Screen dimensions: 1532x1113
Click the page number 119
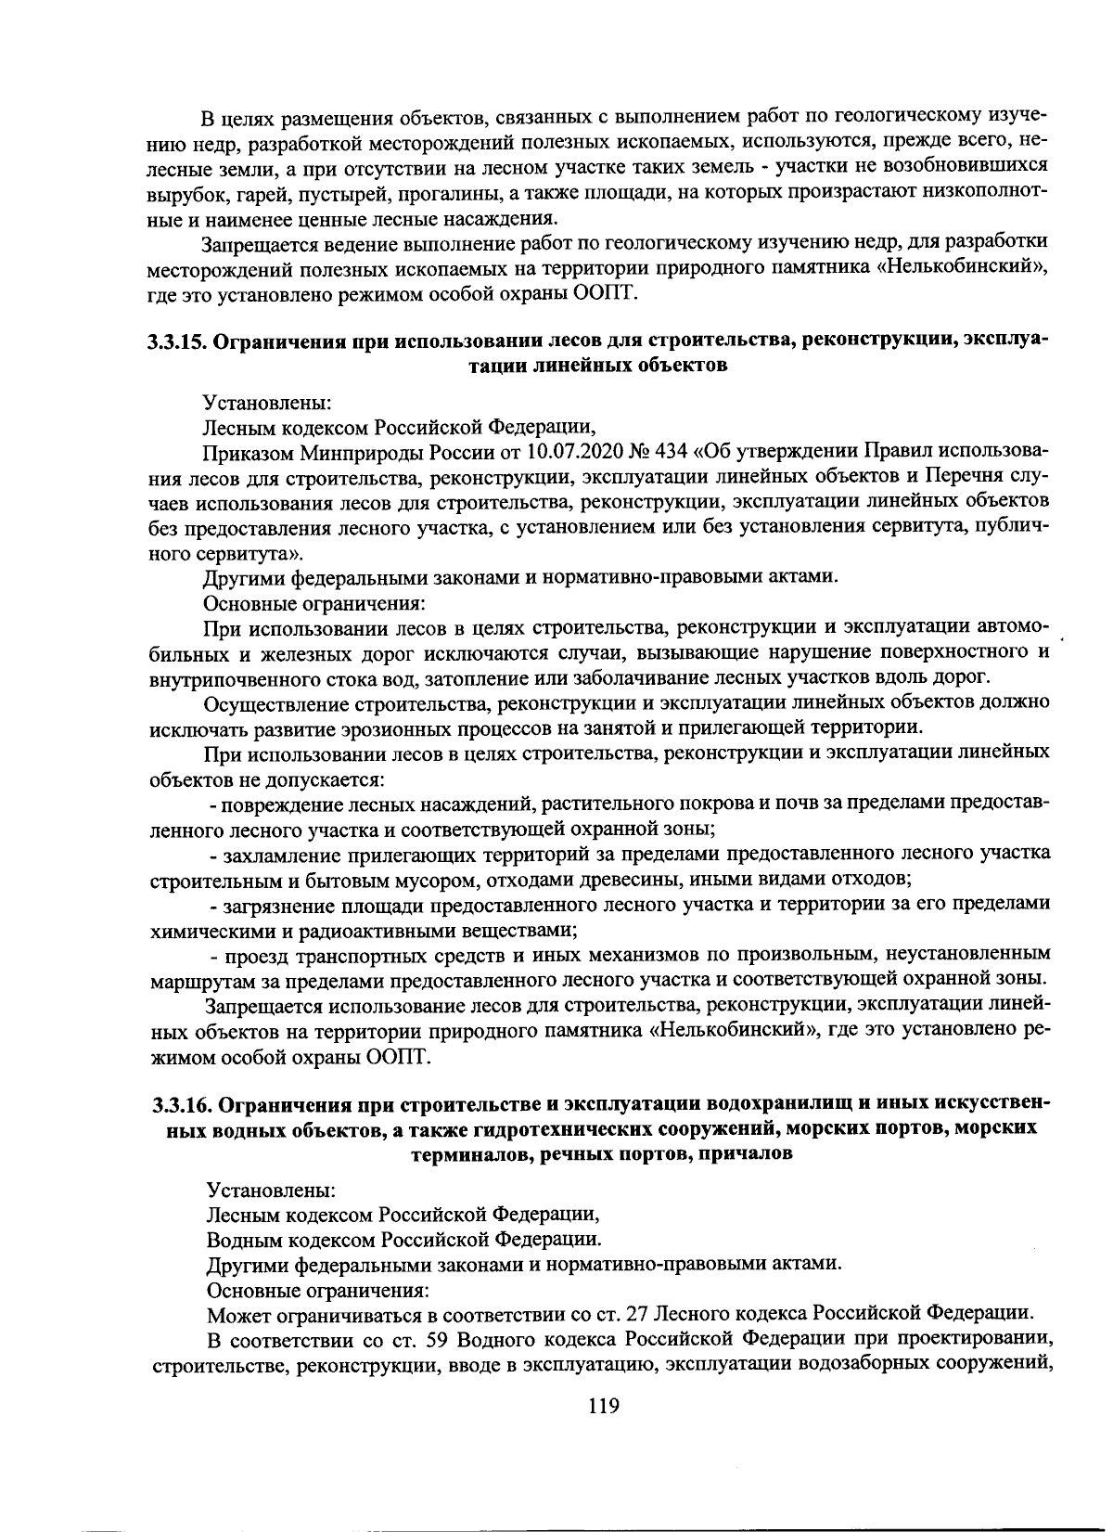coord(603,1405)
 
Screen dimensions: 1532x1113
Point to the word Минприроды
coord(354,452)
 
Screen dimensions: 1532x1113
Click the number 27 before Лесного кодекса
coord(635,1314)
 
